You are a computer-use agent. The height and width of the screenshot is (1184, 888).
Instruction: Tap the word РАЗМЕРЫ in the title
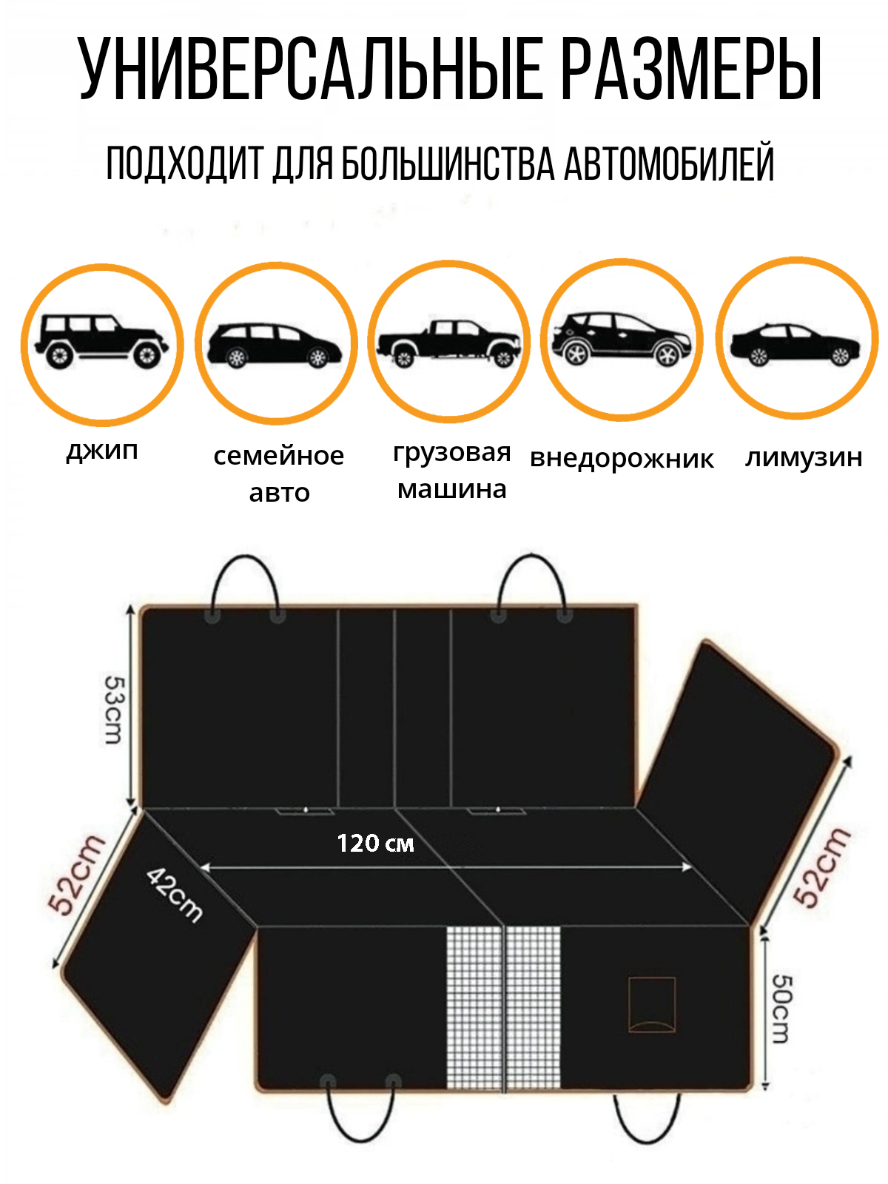click(x=692, y=69)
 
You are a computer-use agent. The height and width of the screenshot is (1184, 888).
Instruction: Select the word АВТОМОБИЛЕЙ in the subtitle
click(x=669, y=162)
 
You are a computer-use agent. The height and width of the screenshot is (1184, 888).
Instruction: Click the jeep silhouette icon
click(x=101, y=341)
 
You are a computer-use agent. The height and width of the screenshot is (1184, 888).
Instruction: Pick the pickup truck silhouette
click(x=449, y=343)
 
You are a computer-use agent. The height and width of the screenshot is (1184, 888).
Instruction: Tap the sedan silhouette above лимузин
click(x=795, y=344)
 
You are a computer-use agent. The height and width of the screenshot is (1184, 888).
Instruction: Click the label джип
click(x=102, y=450)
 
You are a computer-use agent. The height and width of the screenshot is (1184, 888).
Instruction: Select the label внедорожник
click(x=622, y=459)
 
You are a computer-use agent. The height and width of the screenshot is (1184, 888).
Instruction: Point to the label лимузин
click(x=804, y=457)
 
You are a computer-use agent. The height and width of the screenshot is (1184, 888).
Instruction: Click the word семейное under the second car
click(x=279, y=456)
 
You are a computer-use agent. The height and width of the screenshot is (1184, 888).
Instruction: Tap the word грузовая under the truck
click(x=452, y=452)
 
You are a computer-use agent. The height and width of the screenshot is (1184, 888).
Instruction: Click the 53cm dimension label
click(x=114, y=710)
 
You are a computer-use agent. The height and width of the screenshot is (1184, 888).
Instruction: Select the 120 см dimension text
click(x=375, y=843)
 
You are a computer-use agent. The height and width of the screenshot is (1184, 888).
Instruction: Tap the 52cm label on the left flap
click(x=76, y=875)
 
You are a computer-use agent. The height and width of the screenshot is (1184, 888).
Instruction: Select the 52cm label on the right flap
click(x=823, y=867)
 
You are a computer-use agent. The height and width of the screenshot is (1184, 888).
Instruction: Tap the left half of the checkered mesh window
click(x=474, y=1008)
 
